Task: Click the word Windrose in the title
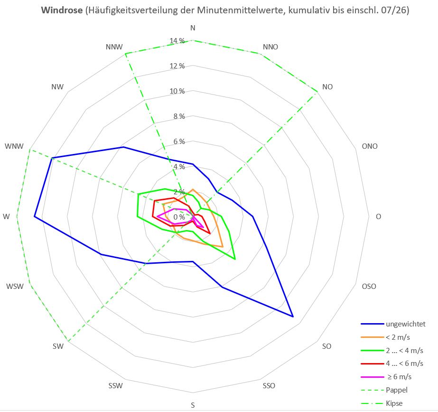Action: pos(62,10)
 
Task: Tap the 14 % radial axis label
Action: pos(177,41)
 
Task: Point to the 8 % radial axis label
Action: pos(179,116)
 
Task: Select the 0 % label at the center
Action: pos(179,217)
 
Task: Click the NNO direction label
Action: pos(270,47)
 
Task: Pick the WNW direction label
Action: pos(14,146)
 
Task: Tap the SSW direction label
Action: pos(116,386)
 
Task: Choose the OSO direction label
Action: pos(369,287)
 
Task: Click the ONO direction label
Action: pos(370,146)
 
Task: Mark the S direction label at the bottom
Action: pos(193,405)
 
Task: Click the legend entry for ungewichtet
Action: pos(393,324)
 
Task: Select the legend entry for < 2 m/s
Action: pos(385,337)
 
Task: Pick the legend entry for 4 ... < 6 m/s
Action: pos(392,364)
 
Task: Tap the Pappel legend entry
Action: pos(384,390)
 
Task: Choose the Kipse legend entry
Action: pos(382,403)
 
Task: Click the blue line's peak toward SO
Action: pos(293,316)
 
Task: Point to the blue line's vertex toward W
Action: pos(34,217)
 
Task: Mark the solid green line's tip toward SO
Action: pos(235,259)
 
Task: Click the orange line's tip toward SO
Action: pos(223,247)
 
